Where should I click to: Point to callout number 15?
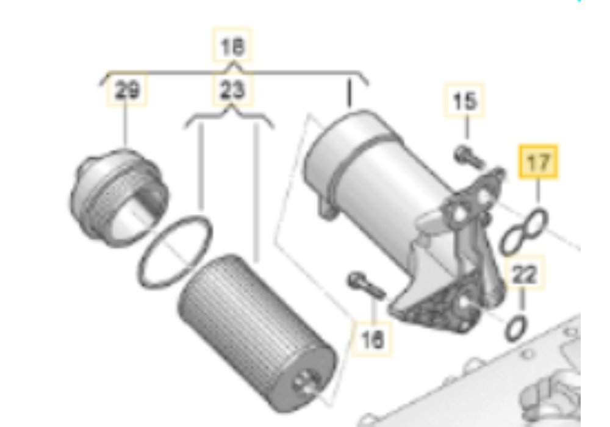click(467, 101)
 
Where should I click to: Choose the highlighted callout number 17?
click(538, 162)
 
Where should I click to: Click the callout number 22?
click(523, 275)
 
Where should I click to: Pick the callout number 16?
click(373, 339)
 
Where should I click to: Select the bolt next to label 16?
click(364, 285)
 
